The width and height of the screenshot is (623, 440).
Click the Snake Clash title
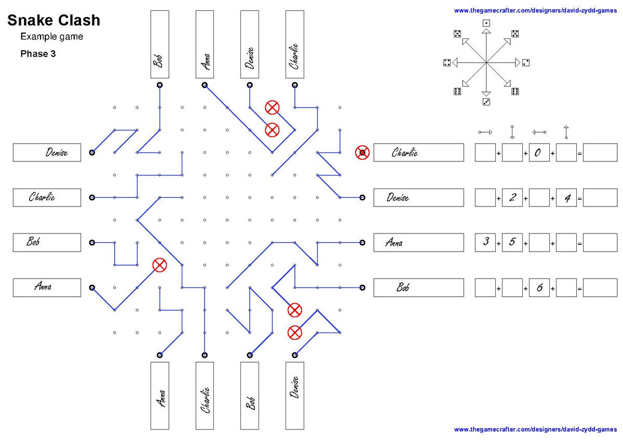(x=53, y=20)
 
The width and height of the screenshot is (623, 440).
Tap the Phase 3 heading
(x=38, y=53)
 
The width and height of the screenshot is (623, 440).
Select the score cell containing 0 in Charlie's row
(x=539, y=153)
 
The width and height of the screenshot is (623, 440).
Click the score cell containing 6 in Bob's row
(x=539, y=287)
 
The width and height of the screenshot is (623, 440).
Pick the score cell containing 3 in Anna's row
(x=485, y=242)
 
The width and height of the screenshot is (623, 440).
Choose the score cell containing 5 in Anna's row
(x=512, y=242)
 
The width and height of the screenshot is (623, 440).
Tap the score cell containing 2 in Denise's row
(x=512, y=197)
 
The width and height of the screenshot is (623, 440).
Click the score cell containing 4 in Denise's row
(x=566, y=197)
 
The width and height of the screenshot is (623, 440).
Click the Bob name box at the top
(x=160, y=44)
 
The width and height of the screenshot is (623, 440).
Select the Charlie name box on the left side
(x=47, y=197)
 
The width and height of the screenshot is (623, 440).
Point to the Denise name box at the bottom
(x=294, y=395)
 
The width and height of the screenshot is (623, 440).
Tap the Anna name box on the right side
(x=418, y=242)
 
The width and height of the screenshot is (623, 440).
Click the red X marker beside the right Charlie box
(x=362, y=153)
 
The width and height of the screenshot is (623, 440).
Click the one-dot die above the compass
(x=486, y=23)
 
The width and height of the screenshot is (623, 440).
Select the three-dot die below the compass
(x=486, y=102)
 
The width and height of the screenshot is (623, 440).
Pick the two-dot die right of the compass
(x=525, y=63)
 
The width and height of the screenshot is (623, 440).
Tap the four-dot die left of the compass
(x=446, y=63)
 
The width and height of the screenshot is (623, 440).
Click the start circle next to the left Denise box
(x=92, y=153)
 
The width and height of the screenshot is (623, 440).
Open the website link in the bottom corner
(x=535, y=430)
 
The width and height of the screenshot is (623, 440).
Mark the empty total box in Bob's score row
(x=600, y=287)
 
